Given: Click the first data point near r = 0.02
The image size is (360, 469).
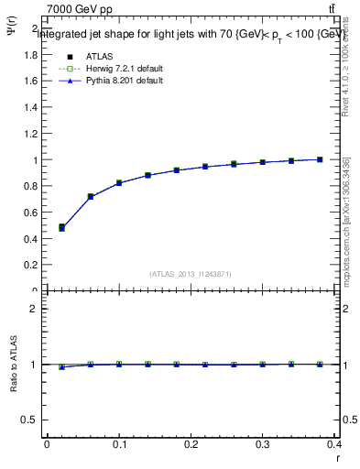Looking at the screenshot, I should click(x=61, y=227).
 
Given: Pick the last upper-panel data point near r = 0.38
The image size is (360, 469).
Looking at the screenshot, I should click(x=320, y=159).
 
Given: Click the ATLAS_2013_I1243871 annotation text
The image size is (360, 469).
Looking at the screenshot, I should click(x=191, y=274).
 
